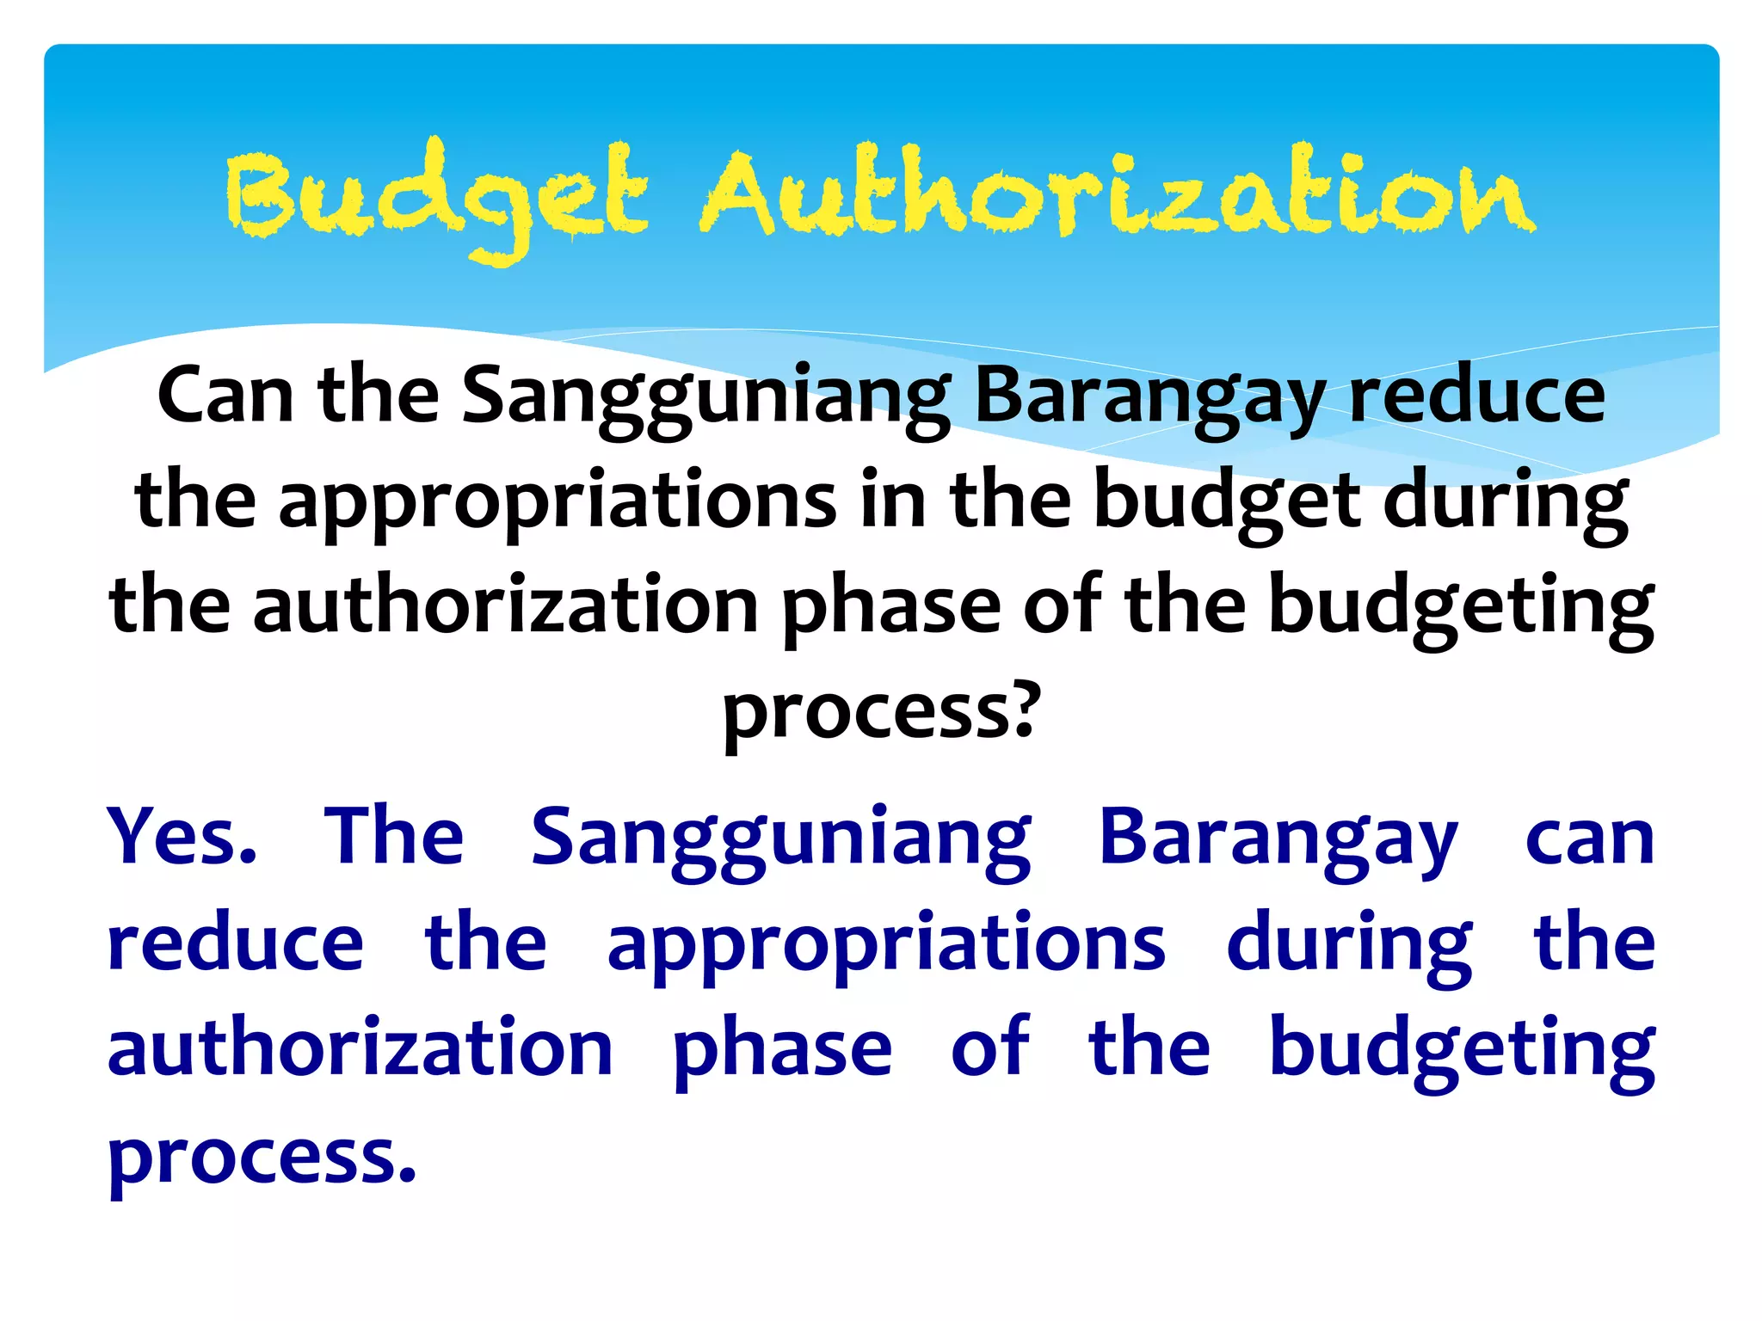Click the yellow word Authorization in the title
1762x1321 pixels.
pyautogui.click(x=1117, y=193)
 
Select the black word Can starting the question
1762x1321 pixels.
pyautogui.click(x=225, y=396)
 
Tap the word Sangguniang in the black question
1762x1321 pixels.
pyautogui.click(x=705, y=397)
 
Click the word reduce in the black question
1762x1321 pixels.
pyautogui.click(x=1476, y=396)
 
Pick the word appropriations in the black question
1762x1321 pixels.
pyautogui.click(x=558, y=503)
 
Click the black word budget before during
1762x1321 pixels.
pyautogui.click(x=1228, y=503)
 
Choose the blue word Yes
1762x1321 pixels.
pyautogui.click(x=182, y=836)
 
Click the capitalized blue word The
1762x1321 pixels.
pyautogui.click(x=394, y=836)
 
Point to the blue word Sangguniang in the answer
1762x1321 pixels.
pyautogui.click(x=781, y=839)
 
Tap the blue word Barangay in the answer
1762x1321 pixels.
pyautogui.click(x=1278, y=839)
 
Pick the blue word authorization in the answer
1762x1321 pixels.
pyautogui.click(x=360, y=1049)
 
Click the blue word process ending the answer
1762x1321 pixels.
pyautogui.click(x=262, y=1157)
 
